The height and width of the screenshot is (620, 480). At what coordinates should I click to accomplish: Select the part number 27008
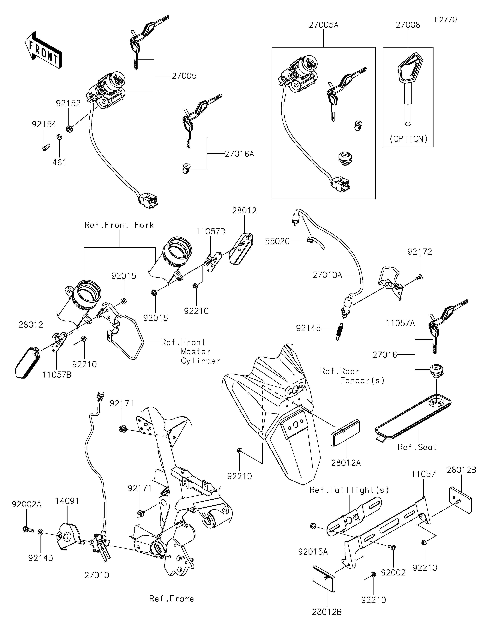408,25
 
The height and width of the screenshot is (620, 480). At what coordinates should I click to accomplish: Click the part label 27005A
324,25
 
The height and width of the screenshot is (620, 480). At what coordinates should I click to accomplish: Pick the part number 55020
277,241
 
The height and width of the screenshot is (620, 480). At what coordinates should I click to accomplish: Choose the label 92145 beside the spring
308,328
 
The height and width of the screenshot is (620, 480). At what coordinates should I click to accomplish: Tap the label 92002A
26,504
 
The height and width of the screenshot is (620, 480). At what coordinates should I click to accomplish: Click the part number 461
59,163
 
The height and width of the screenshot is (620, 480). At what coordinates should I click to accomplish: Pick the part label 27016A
239,154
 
